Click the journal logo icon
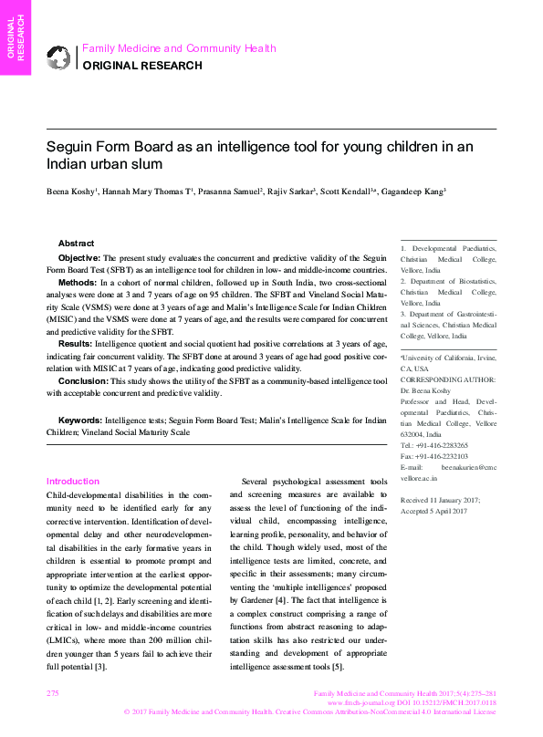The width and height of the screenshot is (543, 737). tap(59, 57)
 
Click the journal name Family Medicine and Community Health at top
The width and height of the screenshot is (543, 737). tap(179, 48)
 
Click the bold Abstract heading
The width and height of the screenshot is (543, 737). tap(76, 244)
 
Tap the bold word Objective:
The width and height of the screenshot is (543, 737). tap(80, 259)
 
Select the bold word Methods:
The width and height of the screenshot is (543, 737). tap(78, 284)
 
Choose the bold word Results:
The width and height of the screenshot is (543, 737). tap(77, 347)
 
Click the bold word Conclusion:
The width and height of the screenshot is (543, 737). tap(85, 380)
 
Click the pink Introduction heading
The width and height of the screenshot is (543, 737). tap(73, 482)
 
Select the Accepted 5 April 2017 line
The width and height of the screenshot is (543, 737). tap(434, 512)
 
